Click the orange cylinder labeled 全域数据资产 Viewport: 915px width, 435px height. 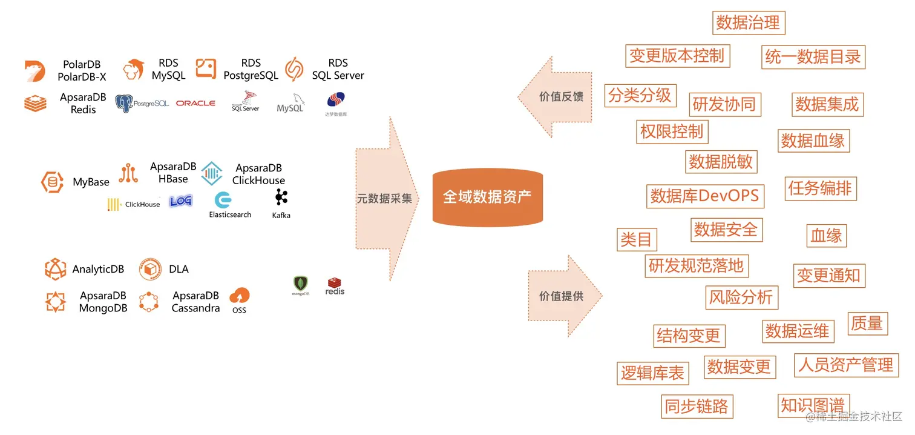487,198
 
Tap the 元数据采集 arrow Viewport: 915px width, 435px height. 385,199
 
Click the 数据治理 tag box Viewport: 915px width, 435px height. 748,23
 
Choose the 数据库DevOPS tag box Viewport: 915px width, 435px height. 704,196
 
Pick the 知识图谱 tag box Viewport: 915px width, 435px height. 812,405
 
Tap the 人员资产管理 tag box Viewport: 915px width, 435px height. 845,365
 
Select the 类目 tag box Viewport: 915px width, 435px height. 636,239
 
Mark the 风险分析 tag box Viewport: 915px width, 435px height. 741,297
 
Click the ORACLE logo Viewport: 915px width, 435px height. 195,104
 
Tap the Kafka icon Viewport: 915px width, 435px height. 281,197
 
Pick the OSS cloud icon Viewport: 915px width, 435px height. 239,296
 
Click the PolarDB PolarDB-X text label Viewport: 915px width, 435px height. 82,70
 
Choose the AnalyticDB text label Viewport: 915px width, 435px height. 98,269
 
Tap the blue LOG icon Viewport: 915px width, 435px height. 180,201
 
